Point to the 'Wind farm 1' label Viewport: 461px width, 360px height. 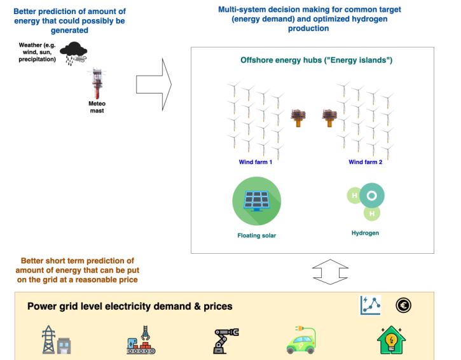point(256,162)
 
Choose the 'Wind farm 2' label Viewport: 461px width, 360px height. point(365,162)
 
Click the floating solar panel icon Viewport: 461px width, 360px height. point(256,201)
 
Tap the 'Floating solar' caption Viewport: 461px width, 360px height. point(256,235)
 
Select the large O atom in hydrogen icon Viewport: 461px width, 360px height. point(371,195)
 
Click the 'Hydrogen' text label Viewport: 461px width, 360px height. point(365,233)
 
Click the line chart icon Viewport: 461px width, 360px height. point(370,305)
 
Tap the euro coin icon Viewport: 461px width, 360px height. point(403,305)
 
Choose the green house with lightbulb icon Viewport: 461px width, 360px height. point(392,341)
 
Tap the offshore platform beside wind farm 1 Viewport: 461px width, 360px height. point(298,118)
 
